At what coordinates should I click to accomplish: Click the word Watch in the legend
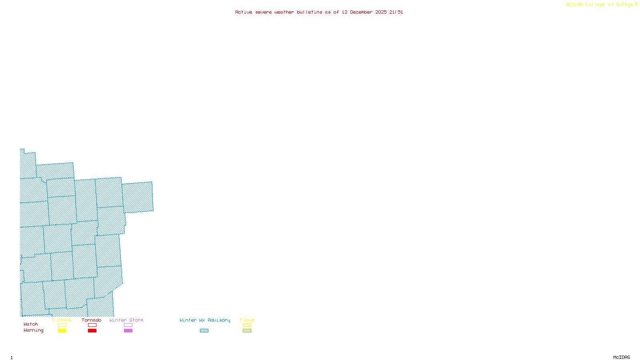click(x=31, y=324)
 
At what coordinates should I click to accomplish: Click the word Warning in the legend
click(x=33, y=330)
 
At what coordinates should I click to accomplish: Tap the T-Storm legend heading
click(x=62, y=320)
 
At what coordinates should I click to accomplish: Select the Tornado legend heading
click(x=92, y=320)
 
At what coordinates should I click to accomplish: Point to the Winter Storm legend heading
click(x=126, y=320)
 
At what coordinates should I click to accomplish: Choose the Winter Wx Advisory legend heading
click(x=205, y=320)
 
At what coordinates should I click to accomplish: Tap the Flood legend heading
click(x=247, y=320)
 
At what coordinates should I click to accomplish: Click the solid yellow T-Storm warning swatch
click(x=62, y=331)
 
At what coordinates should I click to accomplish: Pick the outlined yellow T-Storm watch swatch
click(x=62, y=325)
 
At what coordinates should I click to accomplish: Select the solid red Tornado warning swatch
click(x=92, y=331)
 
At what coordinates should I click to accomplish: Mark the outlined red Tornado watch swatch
click(x=92, y=325)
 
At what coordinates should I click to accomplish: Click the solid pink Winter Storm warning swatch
click(x=128, y=331)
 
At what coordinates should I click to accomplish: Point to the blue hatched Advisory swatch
click(x=204, y=331)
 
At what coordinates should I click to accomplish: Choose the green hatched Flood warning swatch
click(x=247, y=331)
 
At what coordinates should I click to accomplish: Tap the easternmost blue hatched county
click(x=138, y=197)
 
